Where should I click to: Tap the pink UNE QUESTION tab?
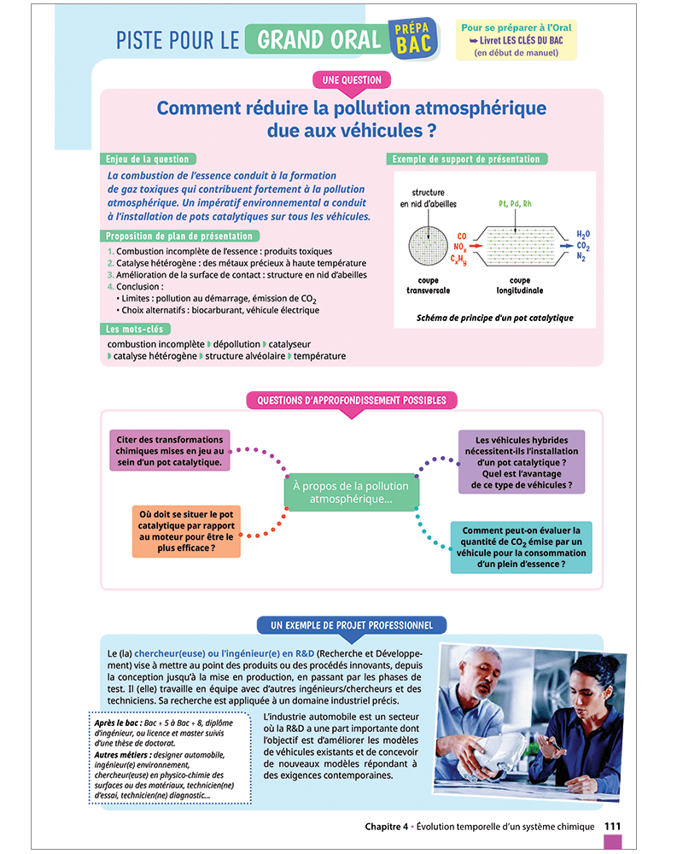[352, 80]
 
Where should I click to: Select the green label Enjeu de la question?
[148, 159]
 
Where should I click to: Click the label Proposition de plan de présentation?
[179, 236]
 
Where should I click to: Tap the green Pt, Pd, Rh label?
[515, 206]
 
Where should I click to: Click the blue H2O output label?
[583, 234]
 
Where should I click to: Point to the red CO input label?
[461, 236]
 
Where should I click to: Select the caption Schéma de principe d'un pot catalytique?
[494, 318]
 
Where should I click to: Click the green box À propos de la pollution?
[352, 492]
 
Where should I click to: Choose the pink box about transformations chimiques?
[171, 451]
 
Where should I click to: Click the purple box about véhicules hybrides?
[522, 462]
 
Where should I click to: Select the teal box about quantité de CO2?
[521, 547]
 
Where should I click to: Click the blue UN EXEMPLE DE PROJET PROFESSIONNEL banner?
[351, 626]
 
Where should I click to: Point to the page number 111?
[612, 826]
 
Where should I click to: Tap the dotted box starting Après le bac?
[170, 758]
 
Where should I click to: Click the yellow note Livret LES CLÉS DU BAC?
[517, 40]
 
